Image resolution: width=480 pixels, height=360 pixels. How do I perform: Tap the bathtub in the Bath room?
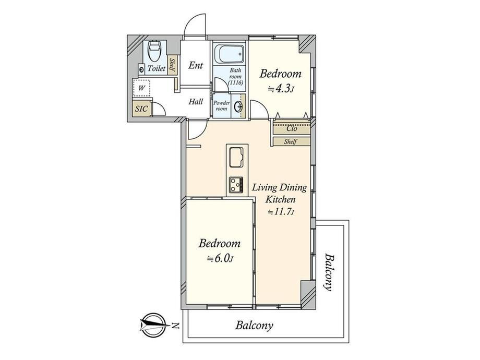click(x=229, y=54)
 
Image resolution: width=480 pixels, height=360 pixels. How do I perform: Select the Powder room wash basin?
click(x=238, y=106)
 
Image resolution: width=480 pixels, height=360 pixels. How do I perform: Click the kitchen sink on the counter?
click(x=236, y=157)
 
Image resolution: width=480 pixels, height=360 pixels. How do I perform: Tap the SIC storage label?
click(x=141, y=109)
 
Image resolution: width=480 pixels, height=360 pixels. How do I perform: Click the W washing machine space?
click(x=142, y=88)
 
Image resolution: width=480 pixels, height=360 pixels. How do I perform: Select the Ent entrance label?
click(x=196, y=65)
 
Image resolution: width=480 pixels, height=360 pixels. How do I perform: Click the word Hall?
click(x=196, y=102)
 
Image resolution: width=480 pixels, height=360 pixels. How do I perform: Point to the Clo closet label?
click(x=292, y=129)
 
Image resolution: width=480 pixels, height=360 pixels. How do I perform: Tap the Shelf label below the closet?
click(x=290, y=142)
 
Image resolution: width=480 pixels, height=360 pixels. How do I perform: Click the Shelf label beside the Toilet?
click(x=172, y=66)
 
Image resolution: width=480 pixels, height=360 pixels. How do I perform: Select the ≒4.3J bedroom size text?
click(x=281, y=89)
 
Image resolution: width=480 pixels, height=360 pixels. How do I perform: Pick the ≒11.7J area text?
click(x=281, y=211)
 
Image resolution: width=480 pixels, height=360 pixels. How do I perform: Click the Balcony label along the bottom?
click(x=254, y=326)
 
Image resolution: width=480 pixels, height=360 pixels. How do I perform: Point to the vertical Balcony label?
click(x=329, y=272)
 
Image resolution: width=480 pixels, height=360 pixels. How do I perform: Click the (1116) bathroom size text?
click(x=236, y=82)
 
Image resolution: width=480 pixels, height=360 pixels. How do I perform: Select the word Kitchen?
click(x=280, y=200)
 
